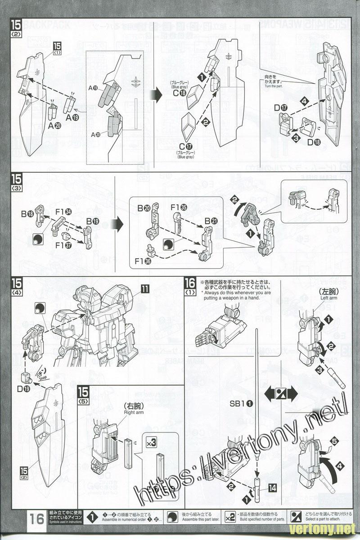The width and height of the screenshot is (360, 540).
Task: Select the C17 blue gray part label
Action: (x=185, y=146)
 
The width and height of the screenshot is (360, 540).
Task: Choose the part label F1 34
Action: (x=63, y=211)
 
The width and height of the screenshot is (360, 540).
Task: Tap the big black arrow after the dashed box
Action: (x=155, y=95)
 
